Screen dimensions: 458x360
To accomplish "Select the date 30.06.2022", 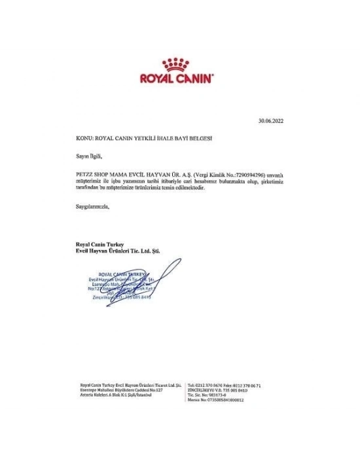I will point(270,121).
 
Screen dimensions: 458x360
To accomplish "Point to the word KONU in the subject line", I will point(84,139).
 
